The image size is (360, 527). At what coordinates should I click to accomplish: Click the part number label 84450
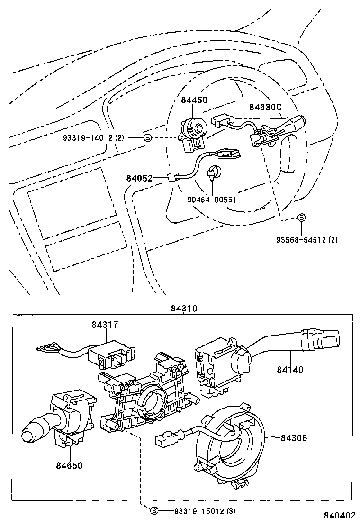pos(194,101)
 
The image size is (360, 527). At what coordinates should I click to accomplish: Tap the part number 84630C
pos(265,108)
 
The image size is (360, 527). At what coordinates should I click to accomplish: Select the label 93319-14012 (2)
pos(93,138)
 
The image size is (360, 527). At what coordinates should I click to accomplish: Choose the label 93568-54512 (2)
pos(307,240)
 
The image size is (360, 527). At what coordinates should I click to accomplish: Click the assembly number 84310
pos(184,309)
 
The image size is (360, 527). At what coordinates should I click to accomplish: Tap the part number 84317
pos(105,325)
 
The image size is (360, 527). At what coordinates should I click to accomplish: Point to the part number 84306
pos(294,438)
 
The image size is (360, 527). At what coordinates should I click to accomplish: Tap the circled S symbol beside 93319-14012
pos(147,138)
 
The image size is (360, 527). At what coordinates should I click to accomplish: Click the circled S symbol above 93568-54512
pos(301,218)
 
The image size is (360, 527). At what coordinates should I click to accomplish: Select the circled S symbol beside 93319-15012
pos(153,511)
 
